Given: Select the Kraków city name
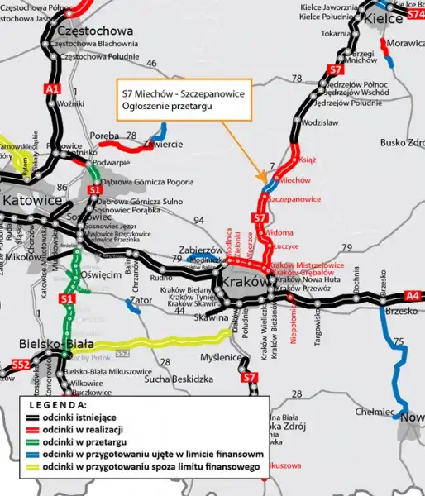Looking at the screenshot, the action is pos(245,283).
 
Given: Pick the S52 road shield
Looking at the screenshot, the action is pos(21,365).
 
